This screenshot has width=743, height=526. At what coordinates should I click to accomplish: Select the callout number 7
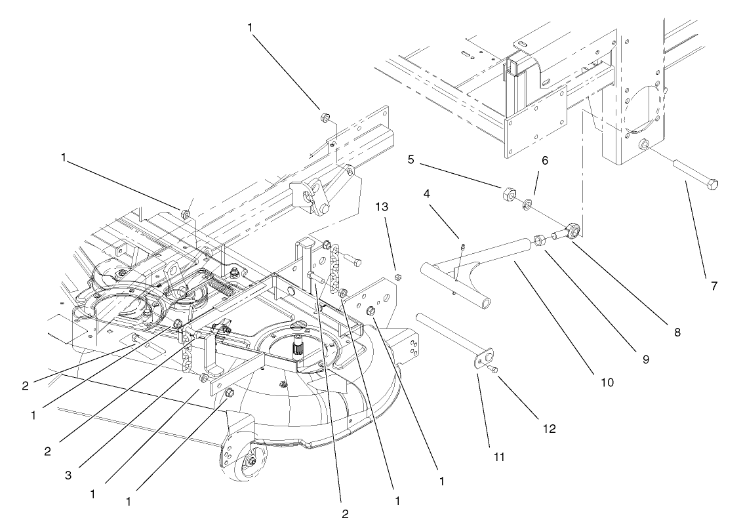pyautogui.click(x=715, y=286)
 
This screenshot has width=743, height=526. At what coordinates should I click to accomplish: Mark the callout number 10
pyautogui.click(x=608, y=381)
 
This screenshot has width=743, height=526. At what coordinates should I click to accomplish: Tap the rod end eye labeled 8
pyautogui.click(x=572, y=231)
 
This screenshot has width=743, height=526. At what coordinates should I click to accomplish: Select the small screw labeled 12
pyautogui.click(x=495, y=371)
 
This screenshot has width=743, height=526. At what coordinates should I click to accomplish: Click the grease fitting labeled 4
pyautogui.click(x=462, y=248)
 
